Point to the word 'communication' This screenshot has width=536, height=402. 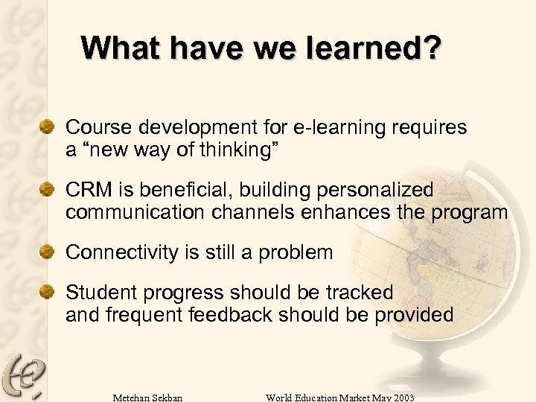(x=133, y=212)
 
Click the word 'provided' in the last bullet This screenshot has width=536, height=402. (x=414, y=315)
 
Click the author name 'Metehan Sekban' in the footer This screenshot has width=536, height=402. (x=147, y=397)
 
